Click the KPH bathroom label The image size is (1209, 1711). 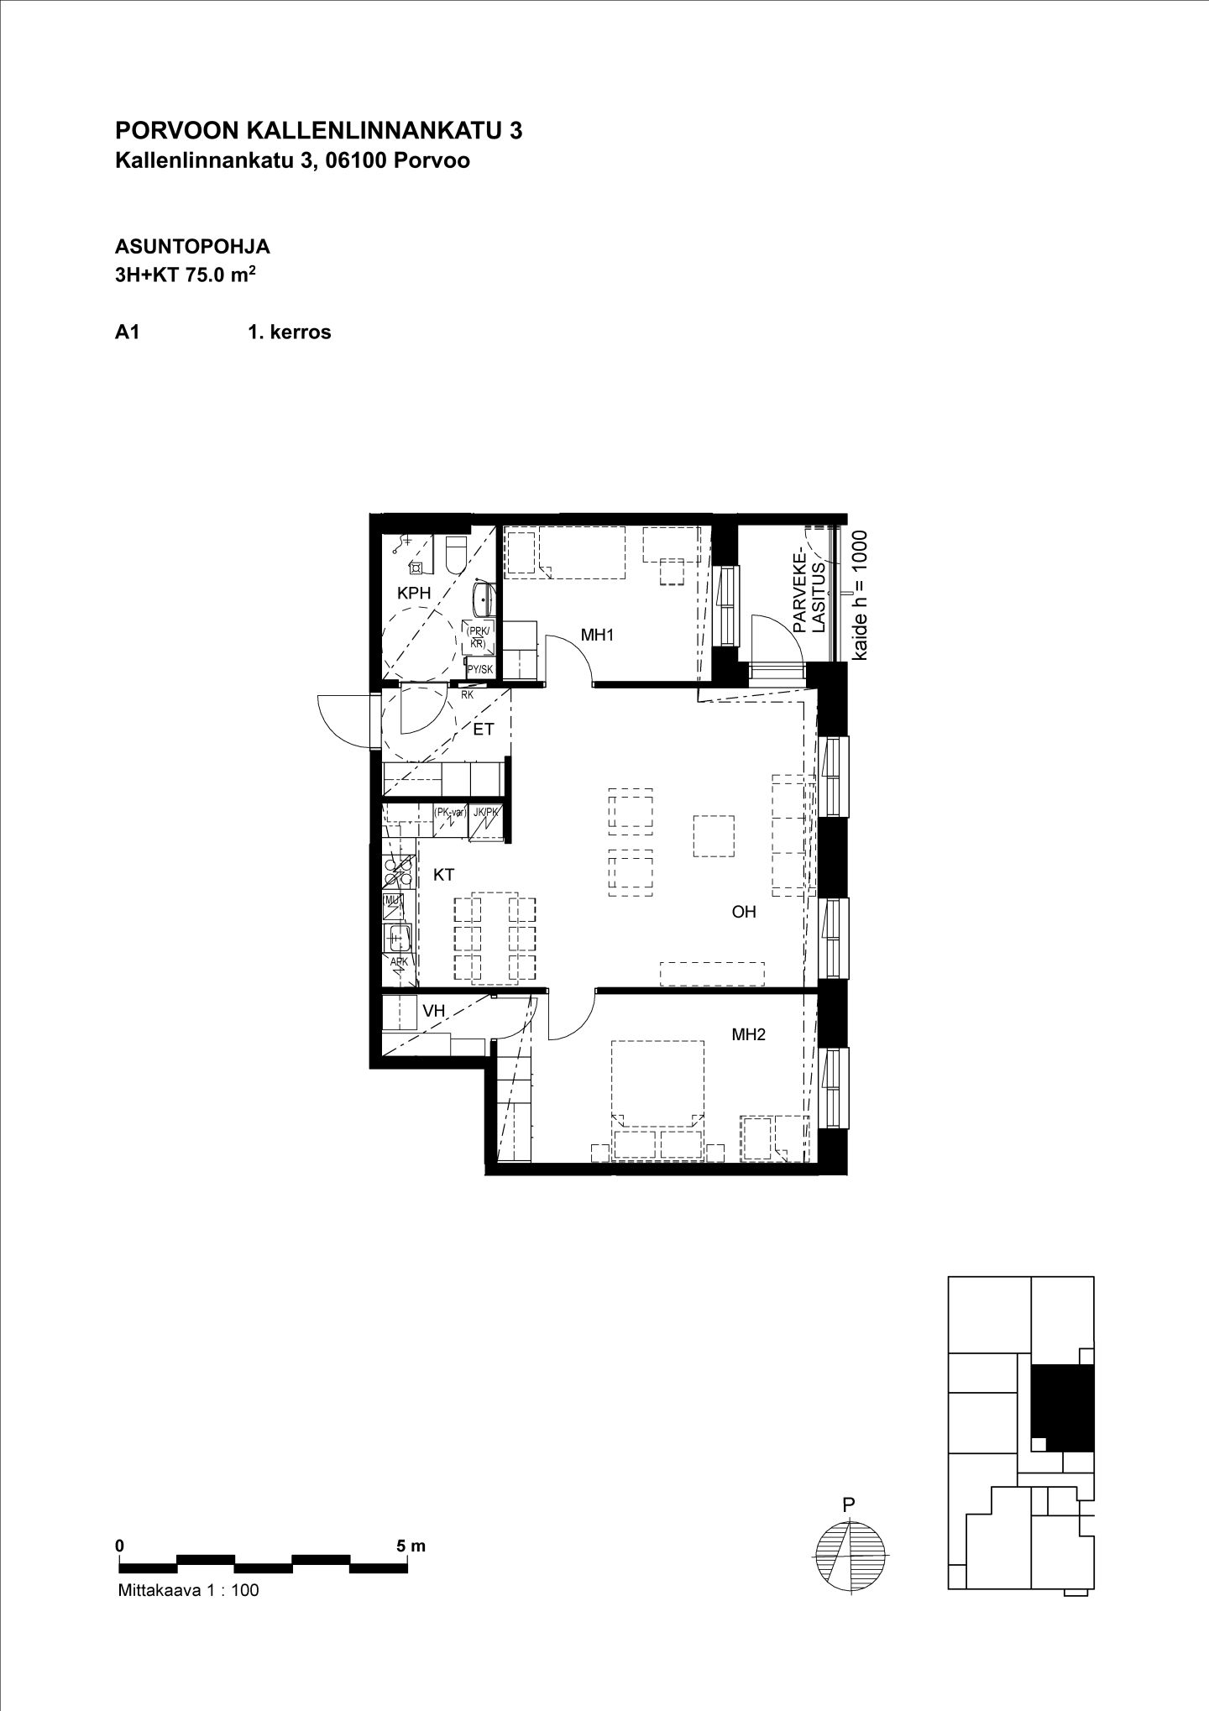click(414, 593)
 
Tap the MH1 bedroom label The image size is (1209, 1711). click(597, 636)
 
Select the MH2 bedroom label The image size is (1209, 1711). click(748, 1035)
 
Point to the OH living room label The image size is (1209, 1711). click(744, 912)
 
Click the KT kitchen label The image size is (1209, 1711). click(443, 875)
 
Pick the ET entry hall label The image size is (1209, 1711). click(484, 730)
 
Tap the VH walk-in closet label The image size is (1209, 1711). click(433, 1011)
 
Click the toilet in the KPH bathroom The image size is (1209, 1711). click(456, 553)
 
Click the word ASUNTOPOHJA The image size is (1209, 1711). click(192, 247)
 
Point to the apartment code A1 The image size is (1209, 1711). click(127, 332)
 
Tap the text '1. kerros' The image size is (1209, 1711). click(289, 332)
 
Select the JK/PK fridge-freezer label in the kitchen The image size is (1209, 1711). click(486, 812)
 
